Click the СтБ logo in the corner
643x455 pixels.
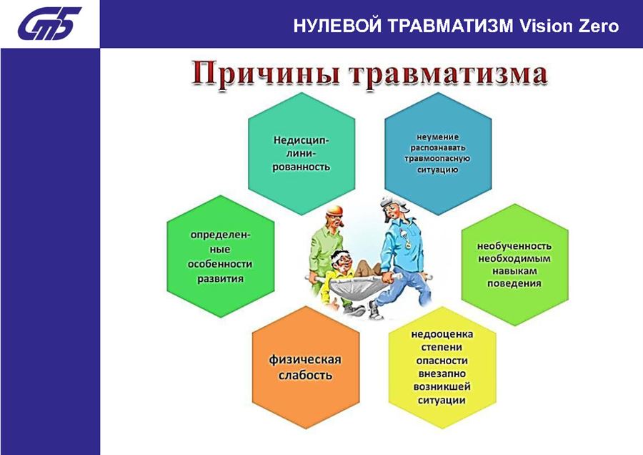pyautogui.click(x=49, y=24)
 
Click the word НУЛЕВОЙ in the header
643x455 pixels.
pyautogui.click(x=337, y=26)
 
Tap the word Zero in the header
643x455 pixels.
pyautogui.click(x=598, y=26)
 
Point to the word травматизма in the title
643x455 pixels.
pyautogui.click(x=448, y=74)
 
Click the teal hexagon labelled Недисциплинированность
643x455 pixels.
pyautogui.click(x=301, y=154)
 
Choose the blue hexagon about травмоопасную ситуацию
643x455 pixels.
pyautogui.click(x=438, y=154)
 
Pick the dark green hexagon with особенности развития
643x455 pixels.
pyautogui.click(x=221, y=256)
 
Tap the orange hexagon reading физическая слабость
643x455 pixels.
pyautogui.click(x=306, y=367)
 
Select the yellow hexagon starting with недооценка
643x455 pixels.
pyautogui.click(x=442, y=367)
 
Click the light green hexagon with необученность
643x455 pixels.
pyautogui.click(x=514, y=265)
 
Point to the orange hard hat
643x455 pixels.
pyautogui.click(x=334, y=210)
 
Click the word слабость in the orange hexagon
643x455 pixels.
pyautogui.click(x=305, y=376)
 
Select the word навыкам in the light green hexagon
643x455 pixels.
pyautogui.click(x=514, y=271)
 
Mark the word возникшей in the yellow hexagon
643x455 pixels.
pyautogui.click(x=442, y=387)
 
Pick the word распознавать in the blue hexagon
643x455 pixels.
pyautogui.click(x=437, y=148)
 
